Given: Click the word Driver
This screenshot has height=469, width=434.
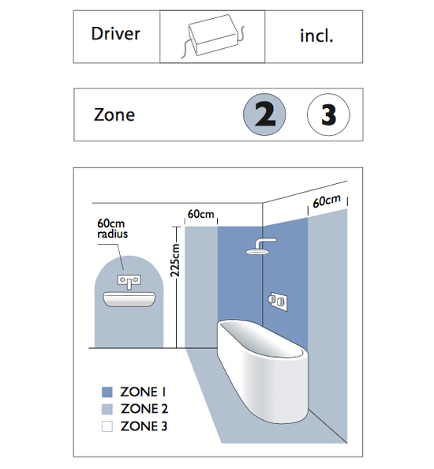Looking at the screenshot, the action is tap(115, 33).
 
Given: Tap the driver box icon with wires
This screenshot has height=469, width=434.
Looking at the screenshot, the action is tap(212, 36).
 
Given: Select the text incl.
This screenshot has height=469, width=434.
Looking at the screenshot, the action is tap(316, 36).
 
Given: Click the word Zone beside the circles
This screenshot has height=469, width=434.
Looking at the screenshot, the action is tap(114, 114).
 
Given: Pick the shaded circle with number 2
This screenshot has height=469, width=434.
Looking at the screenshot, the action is tap(264, 114).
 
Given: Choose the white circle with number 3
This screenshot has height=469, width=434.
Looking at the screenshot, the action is tap(328, 114).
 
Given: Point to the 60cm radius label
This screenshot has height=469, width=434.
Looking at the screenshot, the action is tap(112, 228).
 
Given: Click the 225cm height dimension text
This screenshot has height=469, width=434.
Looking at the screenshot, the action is tap(175, 261).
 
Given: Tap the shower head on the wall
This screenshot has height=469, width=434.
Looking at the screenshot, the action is tap(260, 246).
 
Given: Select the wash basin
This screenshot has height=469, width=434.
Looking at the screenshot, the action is tap(129, 299).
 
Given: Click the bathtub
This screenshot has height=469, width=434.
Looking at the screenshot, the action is tap(263, 371).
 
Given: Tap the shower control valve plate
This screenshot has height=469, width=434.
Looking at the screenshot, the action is tap(278, 301).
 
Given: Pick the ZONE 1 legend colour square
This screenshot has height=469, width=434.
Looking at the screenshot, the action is tap(107, 392).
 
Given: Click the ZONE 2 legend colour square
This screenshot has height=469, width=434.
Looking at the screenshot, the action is tap(107, 409).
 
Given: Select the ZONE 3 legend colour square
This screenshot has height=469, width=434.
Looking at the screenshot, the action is tap(107, 426).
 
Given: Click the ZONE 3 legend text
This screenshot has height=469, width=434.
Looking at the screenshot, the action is tap(144, 426).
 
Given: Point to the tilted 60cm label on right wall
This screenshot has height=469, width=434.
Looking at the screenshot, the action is tap(327, 201).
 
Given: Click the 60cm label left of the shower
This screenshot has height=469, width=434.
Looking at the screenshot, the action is tap(201, 214).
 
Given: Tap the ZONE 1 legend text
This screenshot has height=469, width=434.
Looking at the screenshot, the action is tap(143, 392).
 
